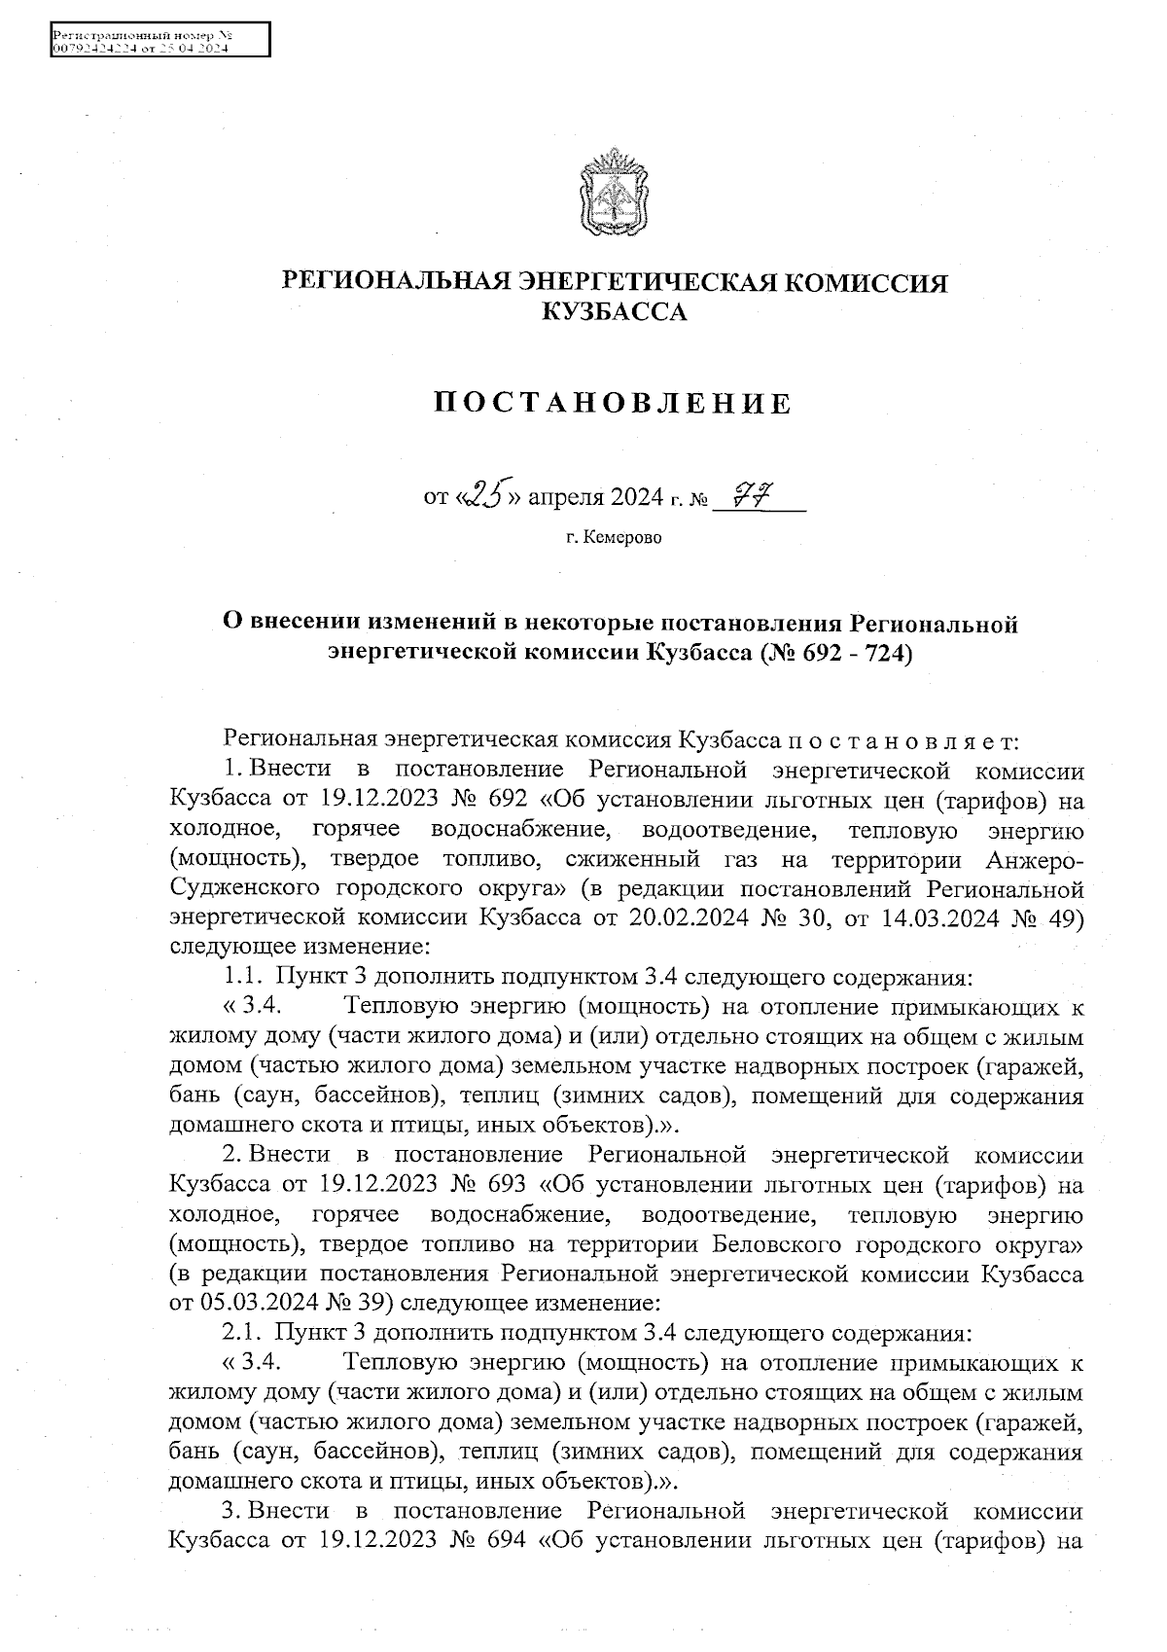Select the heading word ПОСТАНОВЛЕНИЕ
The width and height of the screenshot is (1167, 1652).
(x=613, y=403)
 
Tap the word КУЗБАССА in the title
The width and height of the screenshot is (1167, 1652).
(x=613, y=311)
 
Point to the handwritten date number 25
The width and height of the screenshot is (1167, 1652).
(x=482, y=496)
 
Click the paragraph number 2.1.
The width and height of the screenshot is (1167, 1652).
(x=242, y=1331)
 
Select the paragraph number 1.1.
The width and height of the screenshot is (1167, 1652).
(x=242, y=975)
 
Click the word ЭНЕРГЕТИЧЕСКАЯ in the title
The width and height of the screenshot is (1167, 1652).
(x=645, y=282)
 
